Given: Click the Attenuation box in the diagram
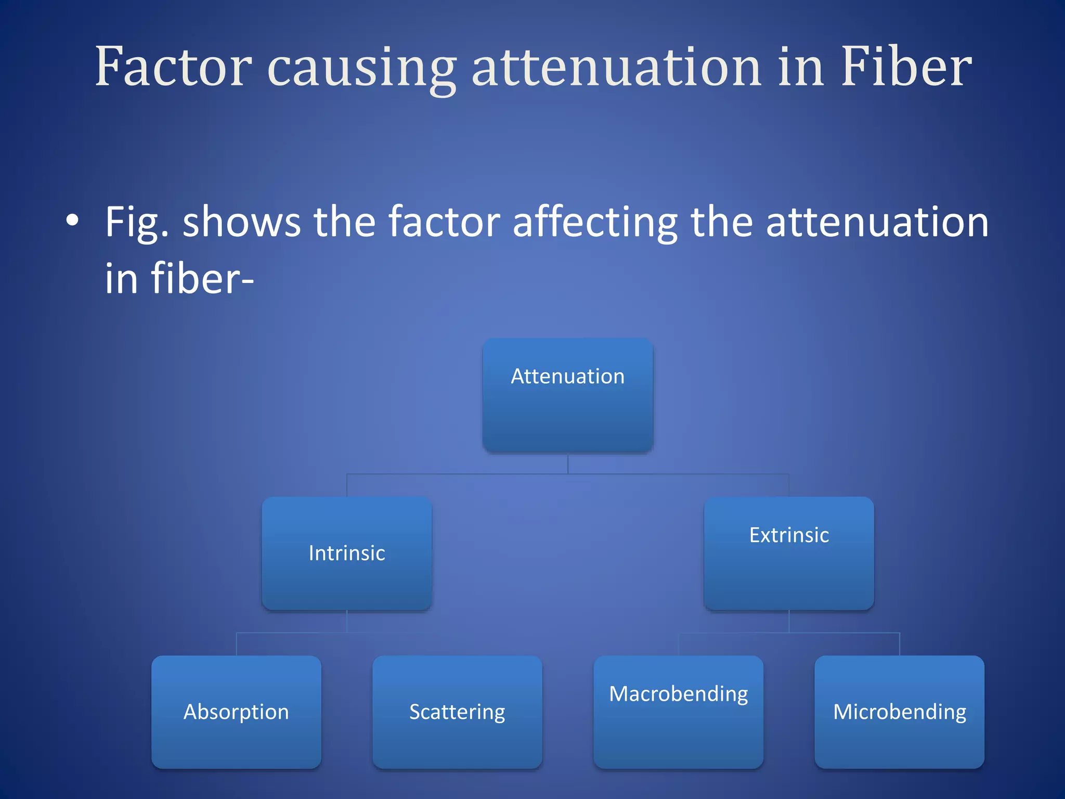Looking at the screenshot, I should point(568,395).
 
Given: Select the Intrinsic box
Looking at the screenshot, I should point(347,553).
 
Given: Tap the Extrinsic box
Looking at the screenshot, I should point(789,553).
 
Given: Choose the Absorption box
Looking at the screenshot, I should point(236,712).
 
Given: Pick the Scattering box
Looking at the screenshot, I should point(457,712).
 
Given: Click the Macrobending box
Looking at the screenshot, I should point(678,712).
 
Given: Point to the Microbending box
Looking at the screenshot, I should point(899,712).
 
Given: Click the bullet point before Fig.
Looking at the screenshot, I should point(72,221).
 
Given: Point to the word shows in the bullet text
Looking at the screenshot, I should point(241,223).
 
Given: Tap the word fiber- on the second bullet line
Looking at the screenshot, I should point(179,279).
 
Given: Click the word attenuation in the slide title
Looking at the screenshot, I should point(617,68).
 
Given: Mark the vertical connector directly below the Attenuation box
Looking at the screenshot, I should point(568,463).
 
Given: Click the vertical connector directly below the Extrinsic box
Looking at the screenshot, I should point(789,622).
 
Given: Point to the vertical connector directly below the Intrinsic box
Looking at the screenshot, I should point(347,622).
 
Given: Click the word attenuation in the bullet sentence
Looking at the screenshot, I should point(877,223).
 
